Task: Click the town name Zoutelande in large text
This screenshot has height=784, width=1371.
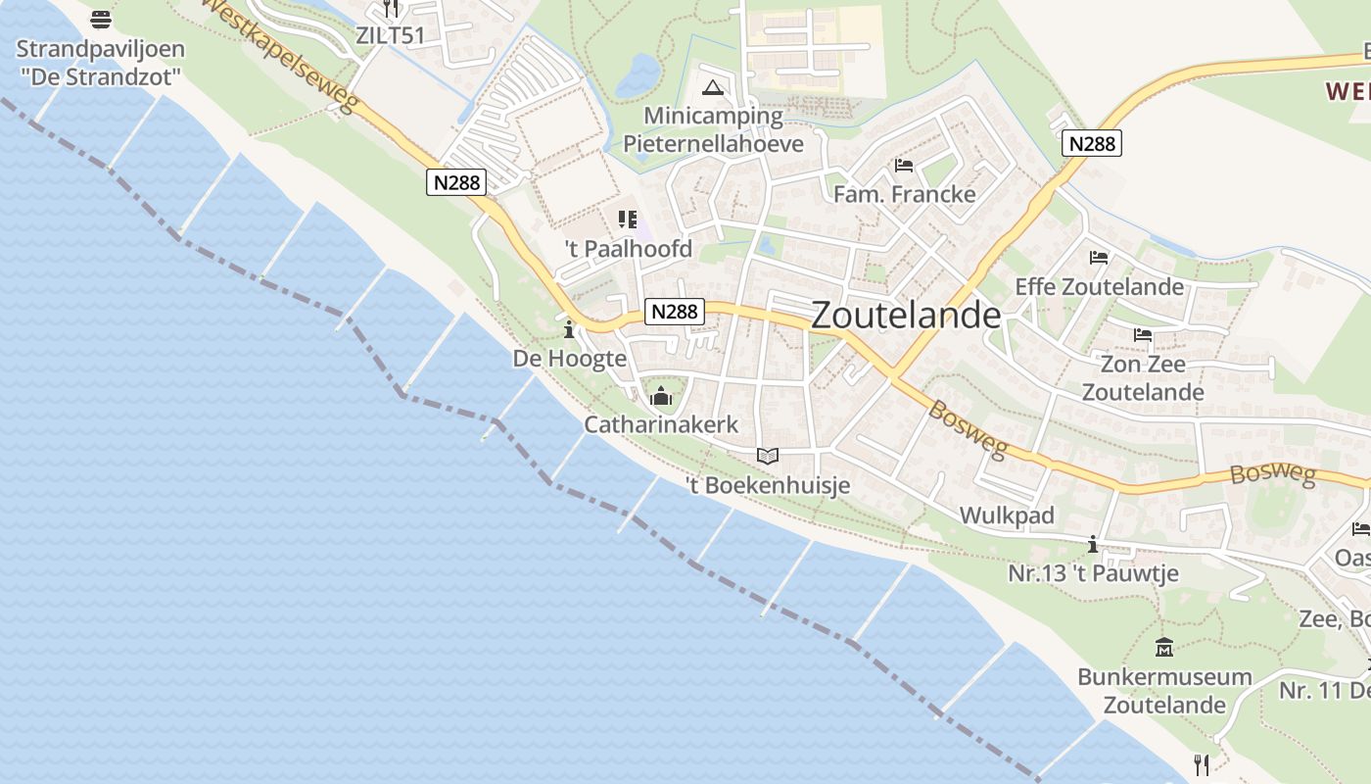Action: pos(906,316)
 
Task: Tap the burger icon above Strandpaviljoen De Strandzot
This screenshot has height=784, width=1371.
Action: pos(100,19)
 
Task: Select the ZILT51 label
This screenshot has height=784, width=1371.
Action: pos(390,36)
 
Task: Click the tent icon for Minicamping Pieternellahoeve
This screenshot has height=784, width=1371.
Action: pos(714,87)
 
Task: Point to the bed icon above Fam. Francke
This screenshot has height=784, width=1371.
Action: pos(903,165)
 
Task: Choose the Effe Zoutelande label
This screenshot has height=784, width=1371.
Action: pos(1099,287)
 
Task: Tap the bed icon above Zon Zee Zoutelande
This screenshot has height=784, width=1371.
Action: pos(1142,335)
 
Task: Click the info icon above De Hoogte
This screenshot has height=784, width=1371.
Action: pos(569,329)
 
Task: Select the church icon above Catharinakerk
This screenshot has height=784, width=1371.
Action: pos(661,397)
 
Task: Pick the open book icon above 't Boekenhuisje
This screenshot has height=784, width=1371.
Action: pos(768,456)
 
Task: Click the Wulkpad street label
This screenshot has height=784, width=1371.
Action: pos(1007,515)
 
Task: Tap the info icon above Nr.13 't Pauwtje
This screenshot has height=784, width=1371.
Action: pos(1093,544)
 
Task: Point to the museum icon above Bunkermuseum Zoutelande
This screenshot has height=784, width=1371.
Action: pos(1164,647)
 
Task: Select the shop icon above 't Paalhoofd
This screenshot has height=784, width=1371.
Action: pos(628,220)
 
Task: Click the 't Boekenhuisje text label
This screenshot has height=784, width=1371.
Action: pos(768,485)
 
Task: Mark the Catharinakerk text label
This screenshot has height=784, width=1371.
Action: pos(661,424)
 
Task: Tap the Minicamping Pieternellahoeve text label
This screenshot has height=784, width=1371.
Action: pos(714,130)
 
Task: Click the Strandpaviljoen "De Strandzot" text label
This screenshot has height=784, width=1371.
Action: pos(100,63)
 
